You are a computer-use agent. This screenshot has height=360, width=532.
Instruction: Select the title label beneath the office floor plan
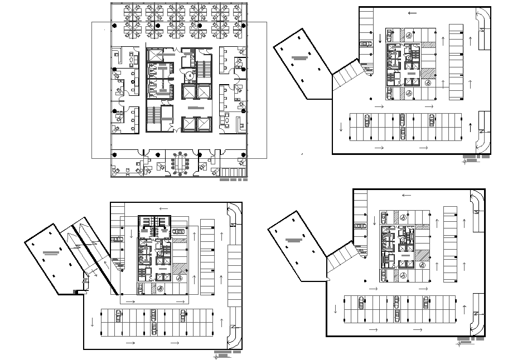233,180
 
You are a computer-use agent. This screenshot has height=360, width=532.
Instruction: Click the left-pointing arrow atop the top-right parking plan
412,13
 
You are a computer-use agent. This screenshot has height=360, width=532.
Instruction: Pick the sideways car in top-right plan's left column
366,43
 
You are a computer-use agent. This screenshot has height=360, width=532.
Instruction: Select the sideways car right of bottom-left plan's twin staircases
178,231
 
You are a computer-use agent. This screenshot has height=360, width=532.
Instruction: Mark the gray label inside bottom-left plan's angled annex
51,253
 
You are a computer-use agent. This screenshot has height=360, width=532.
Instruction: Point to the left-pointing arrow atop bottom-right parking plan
407,196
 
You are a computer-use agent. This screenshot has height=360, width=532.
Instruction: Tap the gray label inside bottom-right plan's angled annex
294,240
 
